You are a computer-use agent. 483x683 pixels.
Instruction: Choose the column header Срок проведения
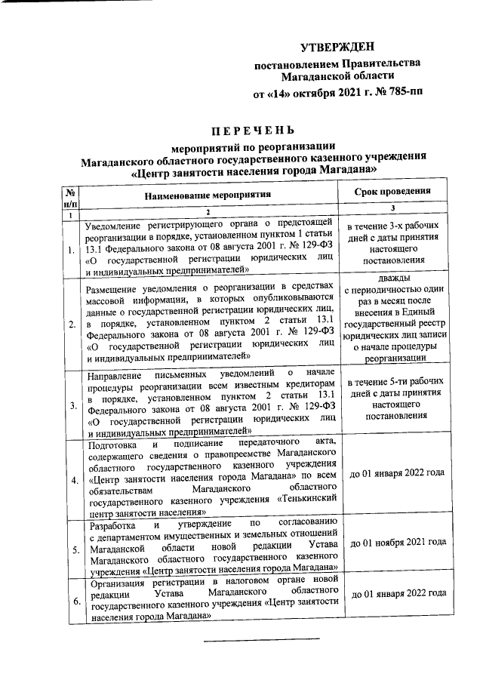tap(392, 192)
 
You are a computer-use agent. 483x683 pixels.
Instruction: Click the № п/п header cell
tap(71, 197)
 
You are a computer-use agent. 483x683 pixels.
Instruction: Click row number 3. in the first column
tap(72, 406)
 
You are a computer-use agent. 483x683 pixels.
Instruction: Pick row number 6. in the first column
tap(72, 601)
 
